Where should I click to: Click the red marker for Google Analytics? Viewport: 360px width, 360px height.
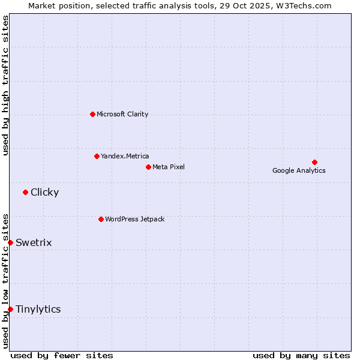click(314, 162)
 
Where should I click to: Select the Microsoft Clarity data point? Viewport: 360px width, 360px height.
click(92, 114)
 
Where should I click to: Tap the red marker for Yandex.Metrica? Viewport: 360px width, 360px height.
click(97, 156)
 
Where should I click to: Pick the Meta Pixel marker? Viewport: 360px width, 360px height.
click(148, 167)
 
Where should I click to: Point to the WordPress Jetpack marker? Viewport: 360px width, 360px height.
click(101, 219)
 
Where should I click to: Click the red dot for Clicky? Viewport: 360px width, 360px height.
click(25, 192)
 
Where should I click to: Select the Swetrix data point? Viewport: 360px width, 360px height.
click(10, 242)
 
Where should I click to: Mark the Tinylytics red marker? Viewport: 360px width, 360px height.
click(10, 309)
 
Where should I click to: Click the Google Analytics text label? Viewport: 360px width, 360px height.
click(299, 170)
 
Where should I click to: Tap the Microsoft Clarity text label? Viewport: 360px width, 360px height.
click(122, 114)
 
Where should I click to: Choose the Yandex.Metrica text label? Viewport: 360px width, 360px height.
click(125, 156)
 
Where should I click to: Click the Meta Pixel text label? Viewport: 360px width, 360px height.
click(169, 167)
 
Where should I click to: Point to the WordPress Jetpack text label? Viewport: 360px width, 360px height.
click(134, 219)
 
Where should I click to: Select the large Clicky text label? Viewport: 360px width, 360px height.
click(44, 192)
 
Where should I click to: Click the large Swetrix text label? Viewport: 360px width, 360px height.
click(34, 242)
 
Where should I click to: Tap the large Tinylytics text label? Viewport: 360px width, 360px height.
click(38, 309)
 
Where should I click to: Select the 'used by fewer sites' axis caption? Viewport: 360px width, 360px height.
click(62, 355)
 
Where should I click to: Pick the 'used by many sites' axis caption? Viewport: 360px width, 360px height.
click(301, 355)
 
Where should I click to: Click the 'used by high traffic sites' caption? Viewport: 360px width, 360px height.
click(5, 85)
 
